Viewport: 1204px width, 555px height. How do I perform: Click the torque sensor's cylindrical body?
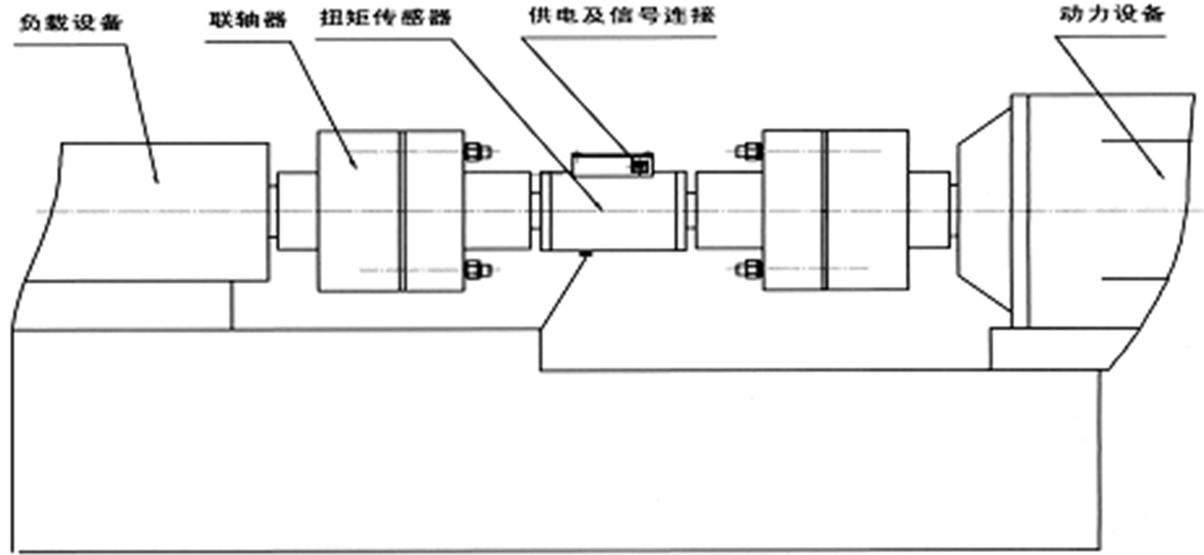(x=609, y=210)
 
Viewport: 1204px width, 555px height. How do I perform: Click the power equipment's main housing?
(x=1096, y=210)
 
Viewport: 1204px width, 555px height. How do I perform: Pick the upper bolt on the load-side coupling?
(x=477, y=152)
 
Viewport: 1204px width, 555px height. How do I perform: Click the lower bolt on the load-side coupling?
(x=477, y=268)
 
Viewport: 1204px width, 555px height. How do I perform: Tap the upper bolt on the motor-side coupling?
(x=749, y=152)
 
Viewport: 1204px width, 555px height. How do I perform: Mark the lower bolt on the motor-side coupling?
(x=749, y=268)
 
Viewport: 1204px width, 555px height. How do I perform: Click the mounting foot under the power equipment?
(x=1047, y=348)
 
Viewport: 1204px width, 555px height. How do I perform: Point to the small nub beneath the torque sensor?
(x=584, y=255)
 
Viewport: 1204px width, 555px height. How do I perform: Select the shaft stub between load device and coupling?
(x=293, y=210)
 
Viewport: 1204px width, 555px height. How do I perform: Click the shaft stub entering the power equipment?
(x=930, y=210)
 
